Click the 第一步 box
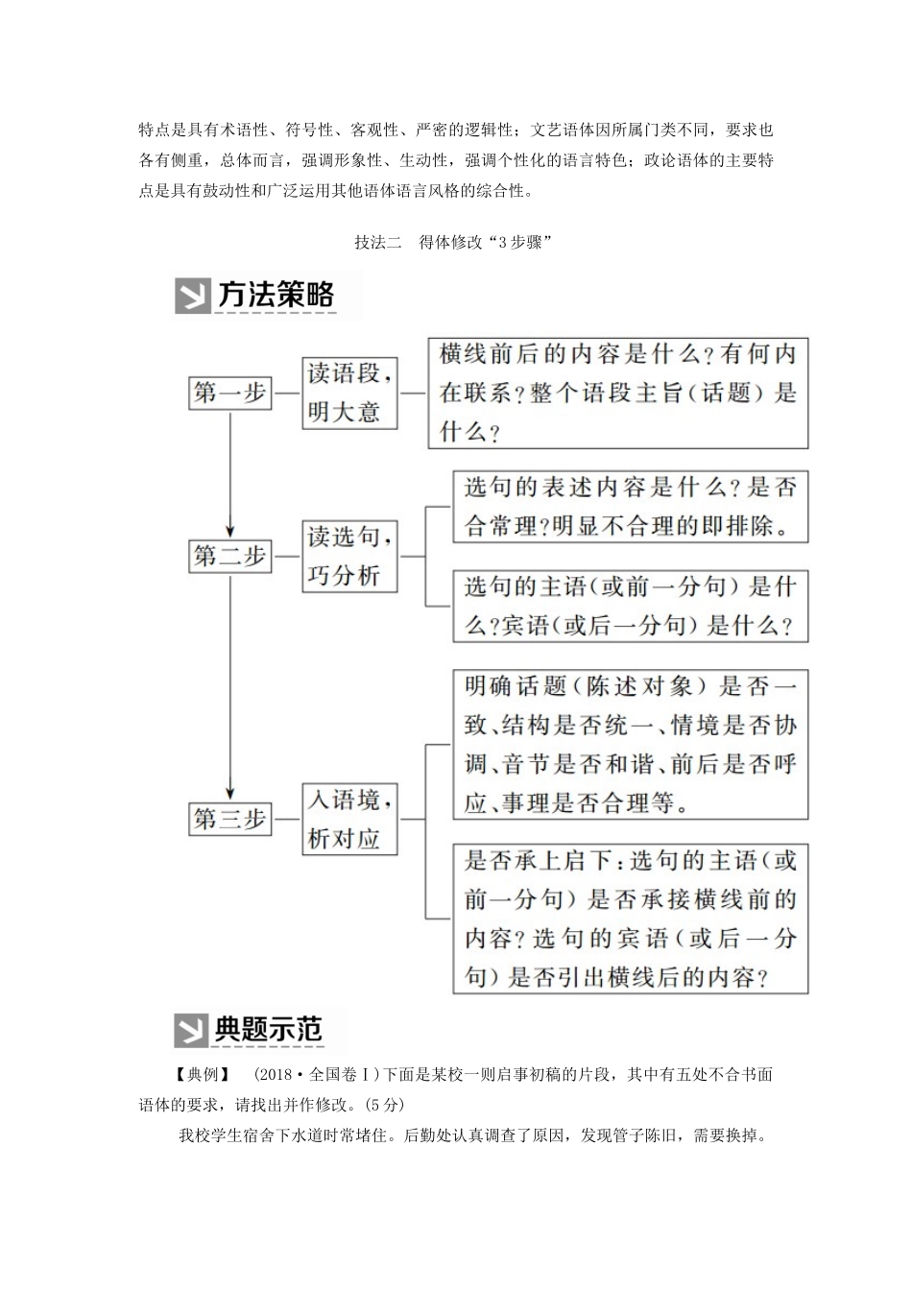230,393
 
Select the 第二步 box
230,557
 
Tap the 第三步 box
230,819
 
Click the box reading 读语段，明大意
349,393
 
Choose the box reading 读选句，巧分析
349,557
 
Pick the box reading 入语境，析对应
349,819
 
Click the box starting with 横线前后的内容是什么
617,393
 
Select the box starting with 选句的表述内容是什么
630,507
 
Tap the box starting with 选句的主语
630,606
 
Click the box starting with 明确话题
630,744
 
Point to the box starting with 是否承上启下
630,919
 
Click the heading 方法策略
276,295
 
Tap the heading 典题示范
269,1030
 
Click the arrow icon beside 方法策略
192,297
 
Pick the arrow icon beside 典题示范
191,1031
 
